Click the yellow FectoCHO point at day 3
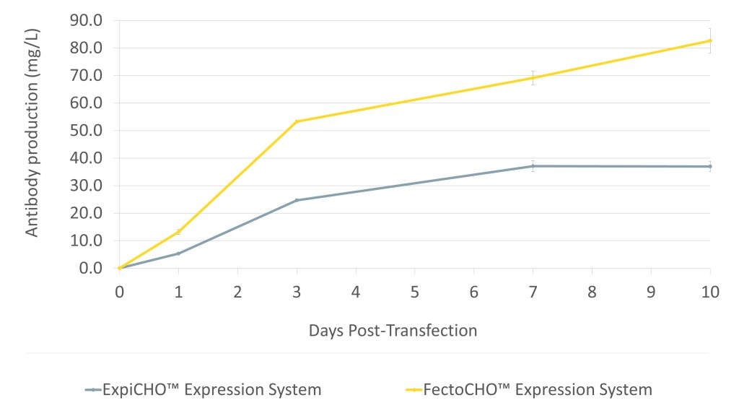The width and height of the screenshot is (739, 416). coord(297,121)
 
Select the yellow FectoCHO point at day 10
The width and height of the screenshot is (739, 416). coord(710,40)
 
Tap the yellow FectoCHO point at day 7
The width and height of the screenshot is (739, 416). coord(533,78)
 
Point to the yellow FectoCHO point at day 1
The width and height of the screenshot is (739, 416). coord(178,232)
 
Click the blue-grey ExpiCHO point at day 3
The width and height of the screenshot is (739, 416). coord(297,200)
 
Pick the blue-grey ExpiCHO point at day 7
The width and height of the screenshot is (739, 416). coord(533,166)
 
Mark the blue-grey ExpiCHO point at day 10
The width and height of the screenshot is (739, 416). coord(710,166)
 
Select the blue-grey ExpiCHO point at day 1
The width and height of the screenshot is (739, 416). coord(178,253)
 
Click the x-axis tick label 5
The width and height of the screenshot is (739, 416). coord(414,293)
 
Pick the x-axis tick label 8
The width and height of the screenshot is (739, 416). coord(592,293)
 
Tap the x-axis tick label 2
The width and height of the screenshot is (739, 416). coord(237,293)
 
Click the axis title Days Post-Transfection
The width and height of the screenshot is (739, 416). coord(393,331)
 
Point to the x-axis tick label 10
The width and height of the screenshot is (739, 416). coord(710,293)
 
